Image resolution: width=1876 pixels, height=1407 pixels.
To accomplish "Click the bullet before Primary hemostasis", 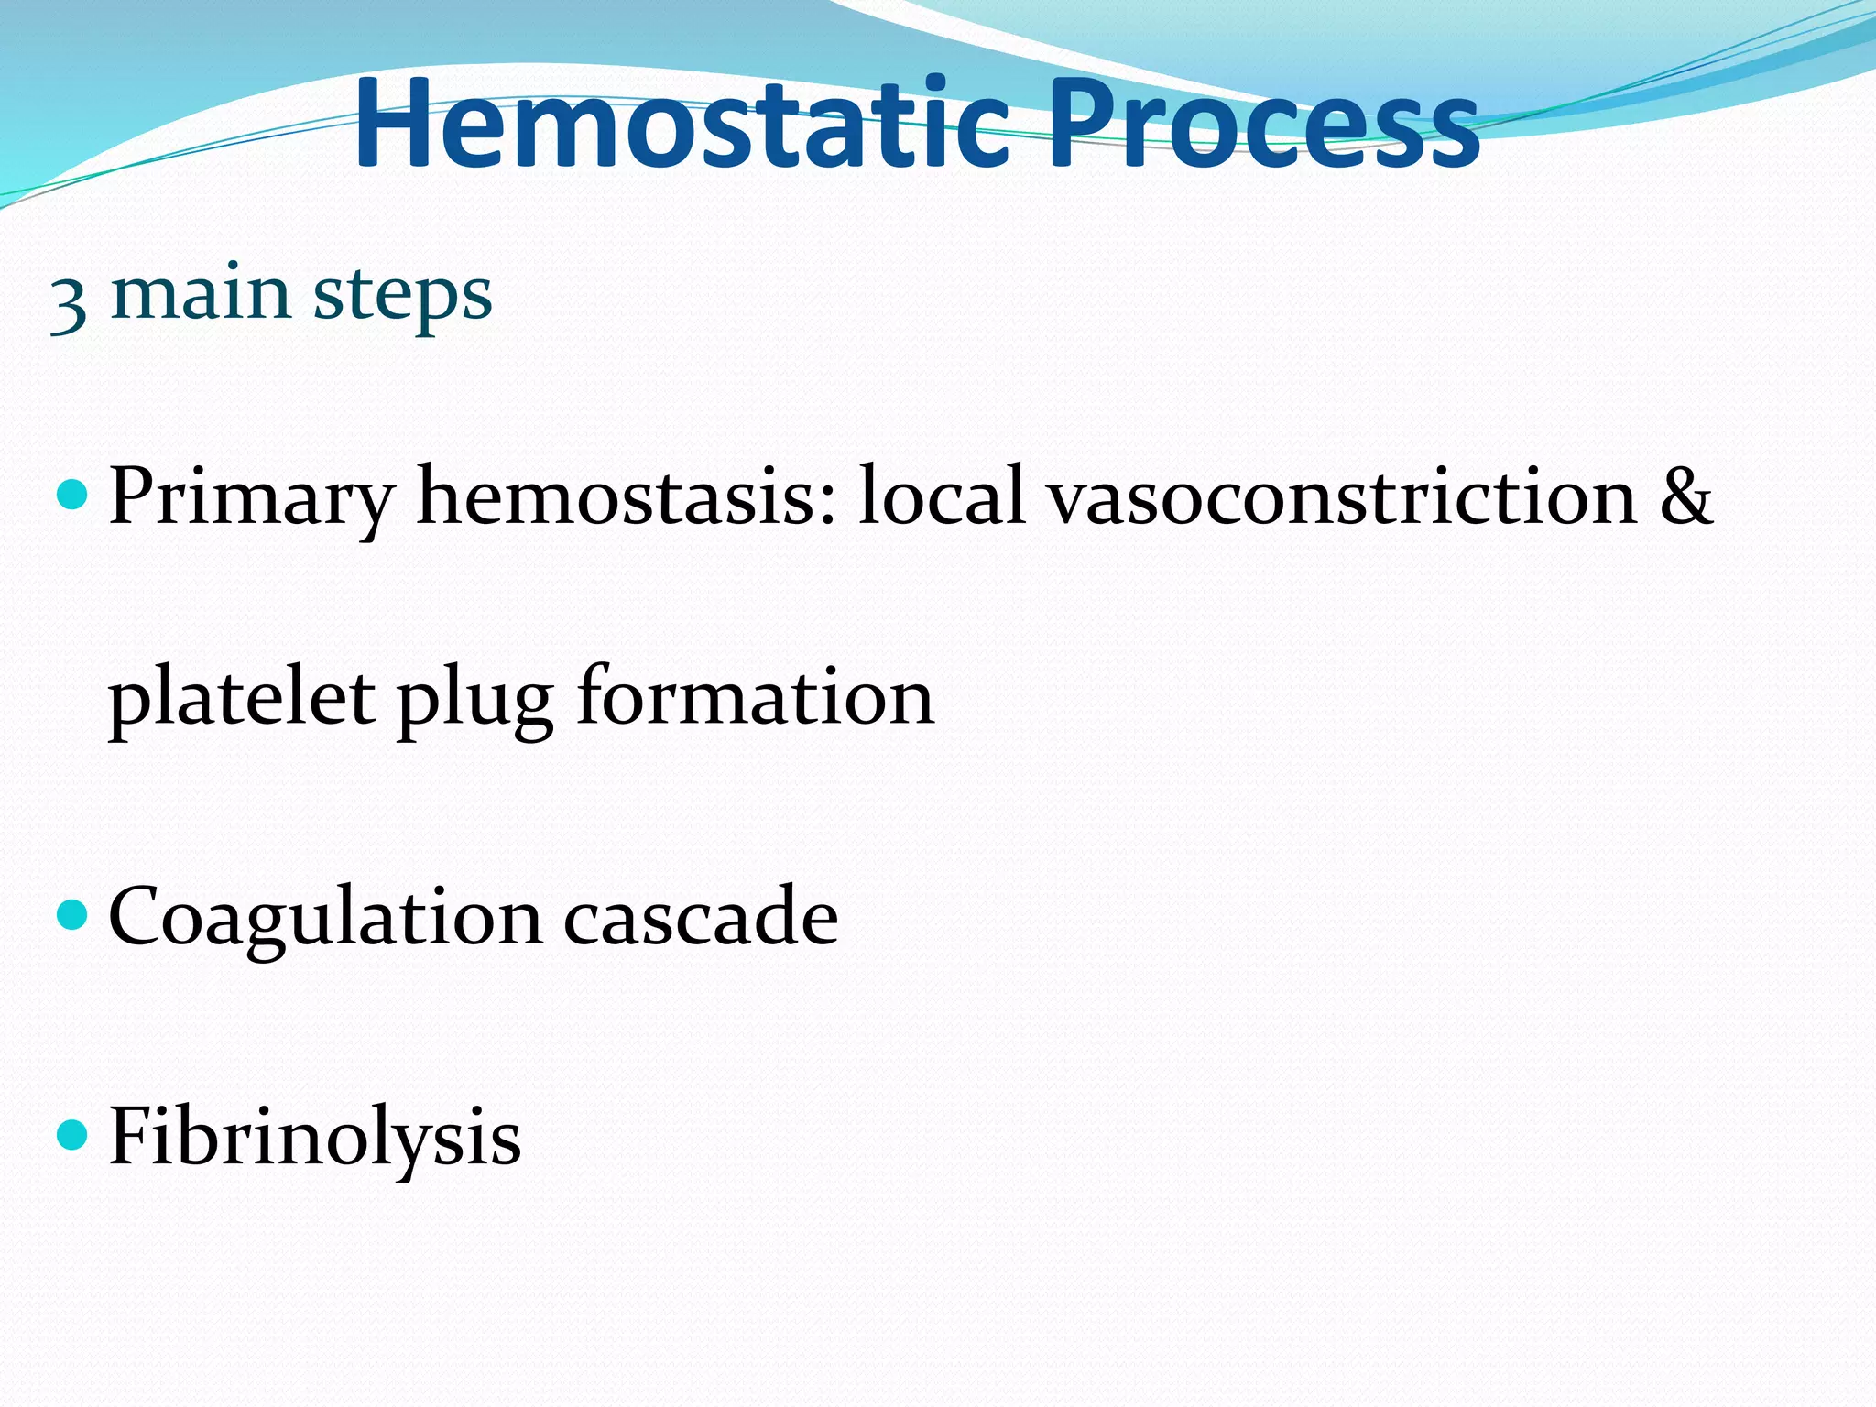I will [x=71, y=496].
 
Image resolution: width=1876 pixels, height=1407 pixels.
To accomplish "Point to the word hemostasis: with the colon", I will [x=627, y=496].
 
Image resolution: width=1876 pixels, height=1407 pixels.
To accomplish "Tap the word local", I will [x=942, y=496].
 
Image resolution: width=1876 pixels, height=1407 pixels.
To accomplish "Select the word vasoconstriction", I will [x=1343, y=496].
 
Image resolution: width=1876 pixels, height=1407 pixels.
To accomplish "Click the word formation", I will [x=756, y=696].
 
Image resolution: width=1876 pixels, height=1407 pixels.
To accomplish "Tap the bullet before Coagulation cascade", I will [x=71, y=915].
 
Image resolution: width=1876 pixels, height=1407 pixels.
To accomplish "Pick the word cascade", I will [x=701, y=916].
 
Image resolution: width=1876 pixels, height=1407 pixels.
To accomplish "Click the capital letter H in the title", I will [x=394, y=125].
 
